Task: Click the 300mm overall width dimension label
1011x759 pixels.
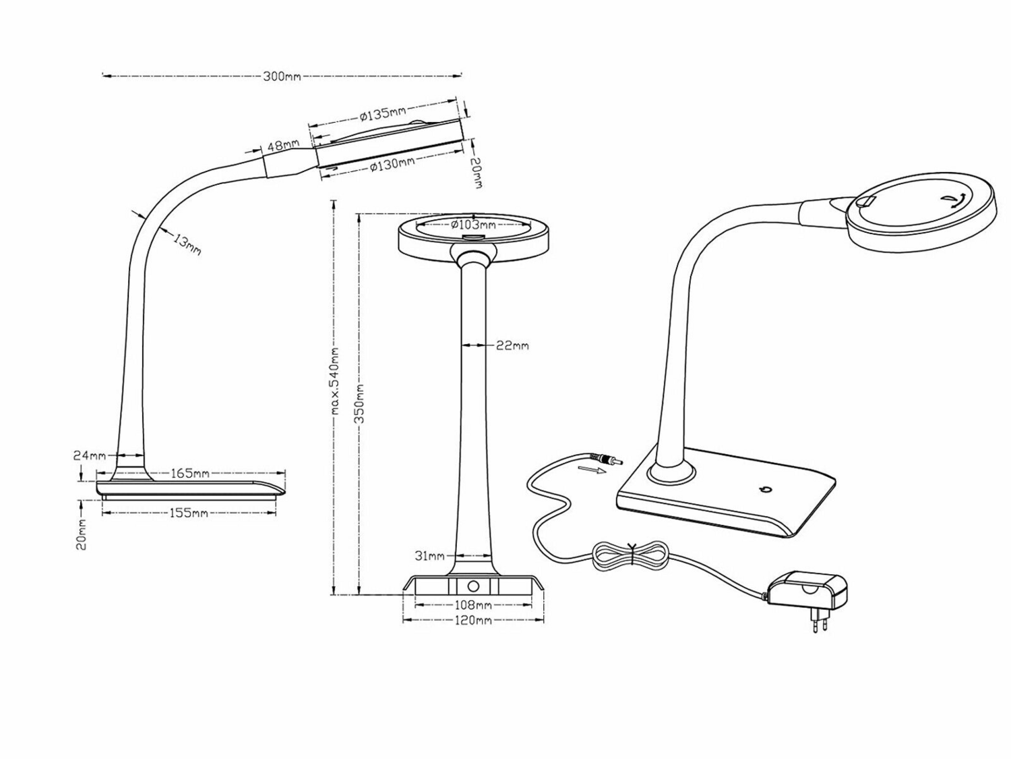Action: pyautogui.click(x=282, y=76)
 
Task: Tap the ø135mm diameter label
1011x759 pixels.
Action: pyautogui.click(x=382, y=113)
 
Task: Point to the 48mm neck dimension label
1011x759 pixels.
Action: pyautogui.click(x=283, y=146)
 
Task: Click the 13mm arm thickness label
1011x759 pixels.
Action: pyautogui.click(x=187, y=244)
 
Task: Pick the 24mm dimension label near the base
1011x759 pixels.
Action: pyautogui.click(x=89, y=455)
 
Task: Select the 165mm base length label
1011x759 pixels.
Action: pyautogui.click(x=189, y=474)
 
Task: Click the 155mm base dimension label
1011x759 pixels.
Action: pyautogui.click(x=189, y=513)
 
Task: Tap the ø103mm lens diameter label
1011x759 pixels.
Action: pyautogui.click(x=472, y=224)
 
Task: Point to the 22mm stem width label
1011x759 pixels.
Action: pyautogui.click(x=512, y=346)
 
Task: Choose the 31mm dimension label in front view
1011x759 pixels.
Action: pyautogui.click(x=429, y=556)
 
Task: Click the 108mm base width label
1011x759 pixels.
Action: pyautogui.click(x=474, y=605)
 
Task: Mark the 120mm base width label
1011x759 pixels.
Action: pyautogui.click(x=474, y=620)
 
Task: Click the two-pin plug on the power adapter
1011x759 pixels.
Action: pyautogui.click(x=820, y=623)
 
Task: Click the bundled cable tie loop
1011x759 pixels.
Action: pyautogui.click(x=632, y=555)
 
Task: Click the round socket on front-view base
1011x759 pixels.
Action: pyautogui.click(x=473, y=586)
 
